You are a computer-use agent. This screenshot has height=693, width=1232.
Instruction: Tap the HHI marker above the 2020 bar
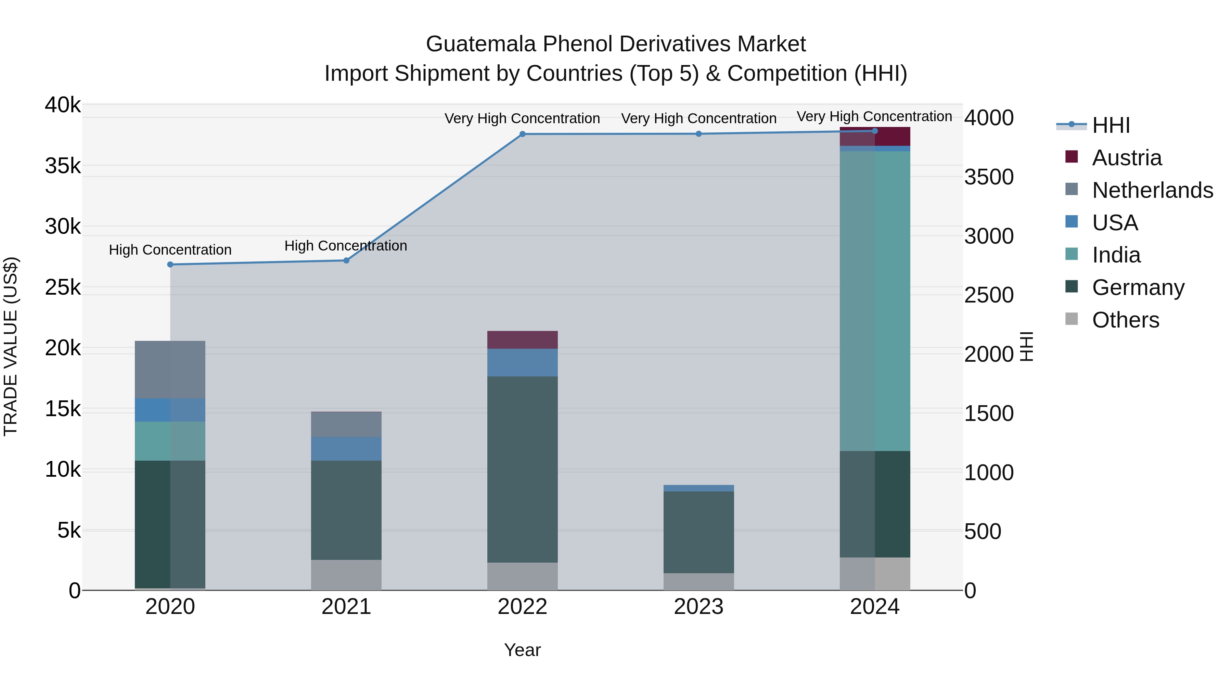[x=170, y=265]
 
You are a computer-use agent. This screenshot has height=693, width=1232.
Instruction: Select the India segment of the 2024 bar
[x=875, y=301]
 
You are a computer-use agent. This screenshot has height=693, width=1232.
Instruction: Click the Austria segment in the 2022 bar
[x=522, y=340]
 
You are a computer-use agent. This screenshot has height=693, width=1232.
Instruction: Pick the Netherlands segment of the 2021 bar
[x=346, y=425]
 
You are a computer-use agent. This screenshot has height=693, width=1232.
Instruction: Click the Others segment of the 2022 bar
[x=522, y=576]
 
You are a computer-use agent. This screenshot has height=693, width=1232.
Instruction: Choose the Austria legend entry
[x=1126, y=158]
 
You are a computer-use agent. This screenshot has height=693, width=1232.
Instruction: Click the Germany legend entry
[x=1138, y=287]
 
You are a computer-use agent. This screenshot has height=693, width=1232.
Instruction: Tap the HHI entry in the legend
[x=1111, y=125]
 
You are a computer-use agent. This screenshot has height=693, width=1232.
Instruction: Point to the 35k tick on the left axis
[x=63, y=166]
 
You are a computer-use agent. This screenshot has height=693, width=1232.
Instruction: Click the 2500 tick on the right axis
[x=988, y=295]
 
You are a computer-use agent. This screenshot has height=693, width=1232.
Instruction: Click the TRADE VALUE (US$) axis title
[x=11, y=346]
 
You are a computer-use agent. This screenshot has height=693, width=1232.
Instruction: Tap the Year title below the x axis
[x=522, y=650]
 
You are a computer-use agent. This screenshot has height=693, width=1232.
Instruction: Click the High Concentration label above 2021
[x=346, y=246]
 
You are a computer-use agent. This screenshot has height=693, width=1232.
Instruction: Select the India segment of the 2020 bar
[x=170, y=441]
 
